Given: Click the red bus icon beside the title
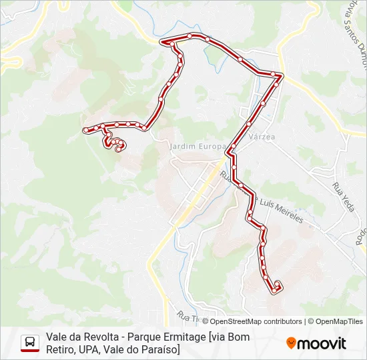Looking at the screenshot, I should click(30, 343).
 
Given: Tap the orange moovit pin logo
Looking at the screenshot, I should click(290, 343).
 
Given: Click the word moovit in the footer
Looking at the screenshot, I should click(321, 343).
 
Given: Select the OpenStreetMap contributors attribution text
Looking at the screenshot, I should click(252, 321).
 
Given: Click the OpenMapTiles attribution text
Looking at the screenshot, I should click(339, 321).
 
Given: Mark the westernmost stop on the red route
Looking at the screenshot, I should click(85, 130).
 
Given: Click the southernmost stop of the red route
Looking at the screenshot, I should click(274, 291).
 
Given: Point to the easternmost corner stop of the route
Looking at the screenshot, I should click(281, 76).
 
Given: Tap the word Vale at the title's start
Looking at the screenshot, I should click(57, 337).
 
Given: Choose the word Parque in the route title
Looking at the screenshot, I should click(144, 337).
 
